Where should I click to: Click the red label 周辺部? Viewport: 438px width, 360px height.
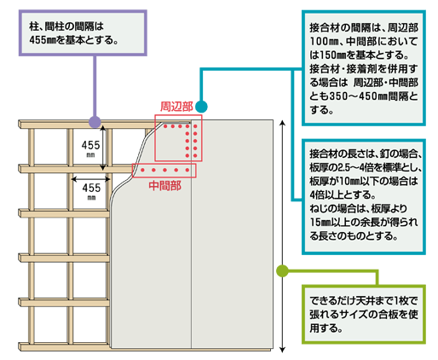(x=176, y=107)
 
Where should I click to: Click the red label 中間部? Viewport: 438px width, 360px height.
(x=164, y=186)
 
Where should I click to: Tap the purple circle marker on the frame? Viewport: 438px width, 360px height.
(x=95, y=122)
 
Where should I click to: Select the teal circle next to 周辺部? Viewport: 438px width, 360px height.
(x=201, y=107)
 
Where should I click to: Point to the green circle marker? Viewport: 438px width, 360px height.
(x=282, y=270)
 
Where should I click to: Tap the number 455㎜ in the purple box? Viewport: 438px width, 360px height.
(x=43, y=40)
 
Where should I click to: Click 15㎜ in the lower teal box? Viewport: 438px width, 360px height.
(x=320, y=223)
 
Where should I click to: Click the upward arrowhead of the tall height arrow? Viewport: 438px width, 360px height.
(x=282, y=123)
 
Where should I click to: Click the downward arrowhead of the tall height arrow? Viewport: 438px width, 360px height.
(x=282, y=350)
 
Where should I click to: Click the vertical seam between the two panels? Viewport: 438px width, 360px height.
(x=192, y=236)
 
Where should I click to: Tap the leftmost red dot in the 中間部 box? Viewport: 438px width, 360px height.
(x=142, y=170)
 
